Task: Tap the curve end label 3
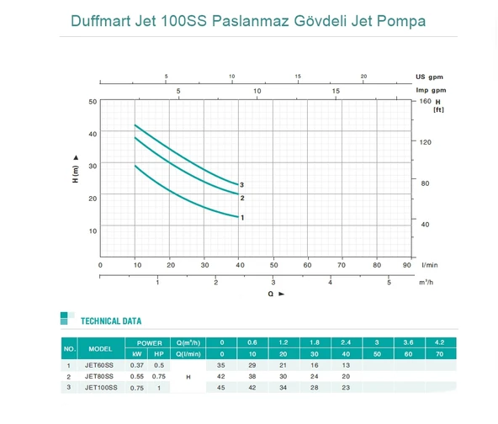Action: (241, 184)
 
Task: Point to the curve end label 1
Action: (242, 217)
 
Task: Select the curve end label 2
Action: (242, 198)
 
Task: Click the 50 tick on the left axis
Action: (93, 101)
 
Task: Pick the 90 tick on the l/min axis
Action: (406, 264)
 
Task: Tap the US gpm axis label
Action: (430, 77)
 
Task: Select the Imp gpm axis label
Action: (431, 90)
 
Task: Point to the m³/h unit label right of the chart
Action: (429, 282)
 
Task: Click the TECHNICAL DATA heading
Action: (110, 321)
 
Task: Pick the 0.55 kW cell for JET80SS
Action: (137, 377)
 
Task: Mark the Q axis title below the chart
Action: (270, 294)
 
